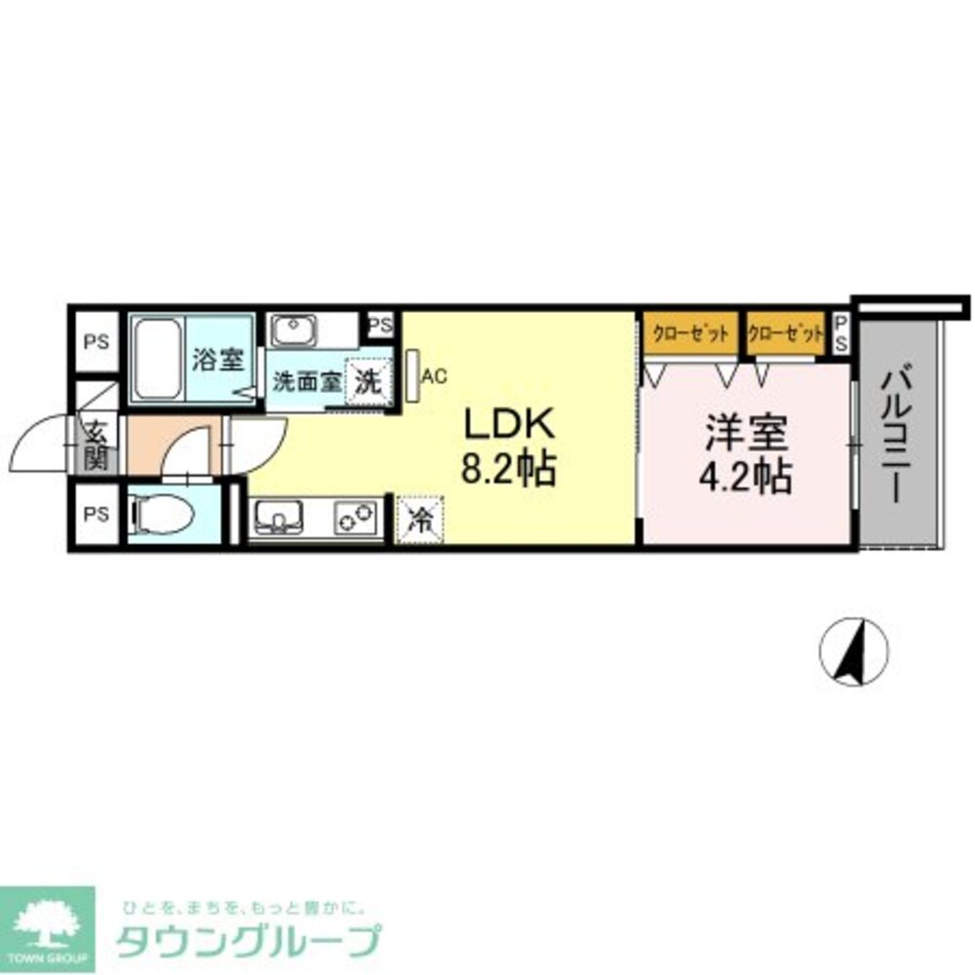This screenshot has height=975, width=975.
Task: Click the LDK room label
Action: click(x=508, y=426)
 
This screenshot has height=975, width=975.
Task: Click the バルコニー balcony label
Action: click(x=899, y=434)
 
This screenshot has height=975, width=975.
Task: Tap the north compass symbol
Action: click(x=853, y=652)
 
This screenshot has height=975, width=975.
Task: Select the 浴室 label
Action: click(x=216, y=360)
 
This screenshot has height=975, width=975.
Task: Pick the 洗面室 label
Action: click(x=305, y=381)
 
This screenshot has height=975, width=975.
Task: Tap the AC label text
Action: click(x=435, y=374)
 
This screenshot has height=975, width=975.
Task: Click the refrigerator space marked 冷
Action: click(x=419, y=518)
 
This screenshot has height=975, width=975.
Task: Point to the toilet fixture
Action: click(x=156, y=512)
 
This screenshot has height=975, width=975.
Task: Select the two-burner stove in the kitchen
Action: click(x=356, y=518)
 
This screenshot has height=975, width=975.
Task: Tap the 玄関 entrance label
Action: click(x=97, y=445)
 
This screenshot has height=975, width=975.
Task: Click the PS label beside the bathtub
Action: click(x=96, y=342)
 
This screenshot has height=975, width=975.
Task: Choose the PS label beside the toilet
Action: click(x=96, y=514)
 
